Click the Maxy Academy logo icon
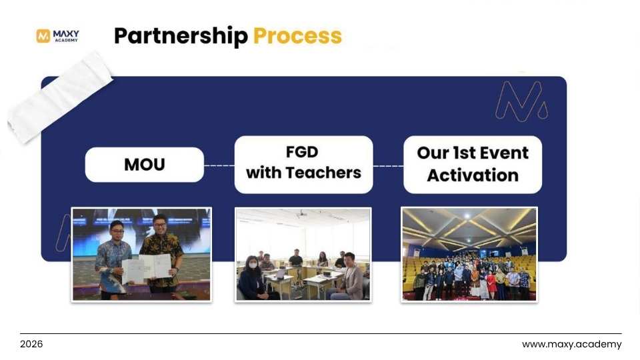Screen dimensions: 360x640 point(43,36)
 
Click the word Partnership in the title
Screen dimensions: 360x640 point(180,36)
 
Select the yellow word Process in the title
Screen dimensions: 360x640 point(297,36)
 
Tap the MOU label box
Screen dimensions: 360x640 point(144,165)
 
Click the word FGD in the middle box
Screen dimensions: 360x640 point(303,152)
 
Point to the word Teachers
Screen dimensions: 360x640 point(323,173)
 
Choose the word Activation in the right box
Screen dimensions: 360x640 point(473,175)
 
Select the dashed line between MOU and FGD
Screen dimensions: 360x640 point(219,165)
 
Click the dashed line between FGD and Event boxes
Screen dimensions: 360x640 point(388,165)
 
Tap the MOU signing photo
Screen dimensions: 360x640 point(141,254)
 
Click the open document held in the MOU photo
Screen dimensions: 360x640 point(146,267)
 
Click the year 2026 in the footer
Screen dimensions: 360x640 point(31,345)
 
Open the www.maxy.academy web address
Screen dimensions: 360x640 point(571,345)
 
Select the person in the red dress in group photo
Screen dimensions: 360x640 point(491,283)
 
